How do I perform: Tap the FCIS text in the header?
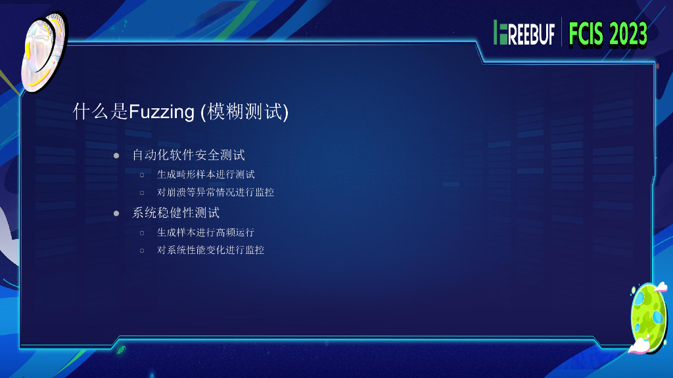pyautogui.click(x=586, y=33)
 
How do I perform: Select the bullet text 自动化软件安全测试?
pyautogui.click(x=189, y=156)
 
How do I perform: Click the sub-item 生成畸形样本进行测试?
pyautogui.click(x=206, y=175)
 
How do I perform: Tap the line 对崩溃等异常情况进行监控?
pyautogui.click(x=216, y=193)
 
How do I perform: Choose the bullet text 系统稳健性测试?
pyautogui.click(x=176, y=213)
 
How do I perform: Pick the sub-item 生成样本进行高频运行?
pyautogui.click(x=206, y=232)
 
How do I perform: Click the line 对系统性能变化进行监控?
pyautogui.click(x=211, y=250)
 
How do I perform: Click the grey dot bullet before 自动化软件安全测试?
pyautogui.click(x=116, y=156)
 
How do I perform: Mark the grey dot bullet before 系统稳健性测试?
pyautogui.click(x=116, y=213)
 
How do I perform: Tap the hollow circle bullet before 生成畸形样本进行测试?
pyautogui.click(x=141, y=175)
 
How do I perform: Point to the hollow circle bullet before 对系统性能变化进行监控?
pyautogui.click(x=141, y=251)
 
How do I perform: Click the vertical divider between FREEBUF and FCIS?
pyautogui.click(x=562, y=33)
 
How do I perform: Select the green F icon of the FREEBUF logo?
pyautogui.click(x=501, y=33)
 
